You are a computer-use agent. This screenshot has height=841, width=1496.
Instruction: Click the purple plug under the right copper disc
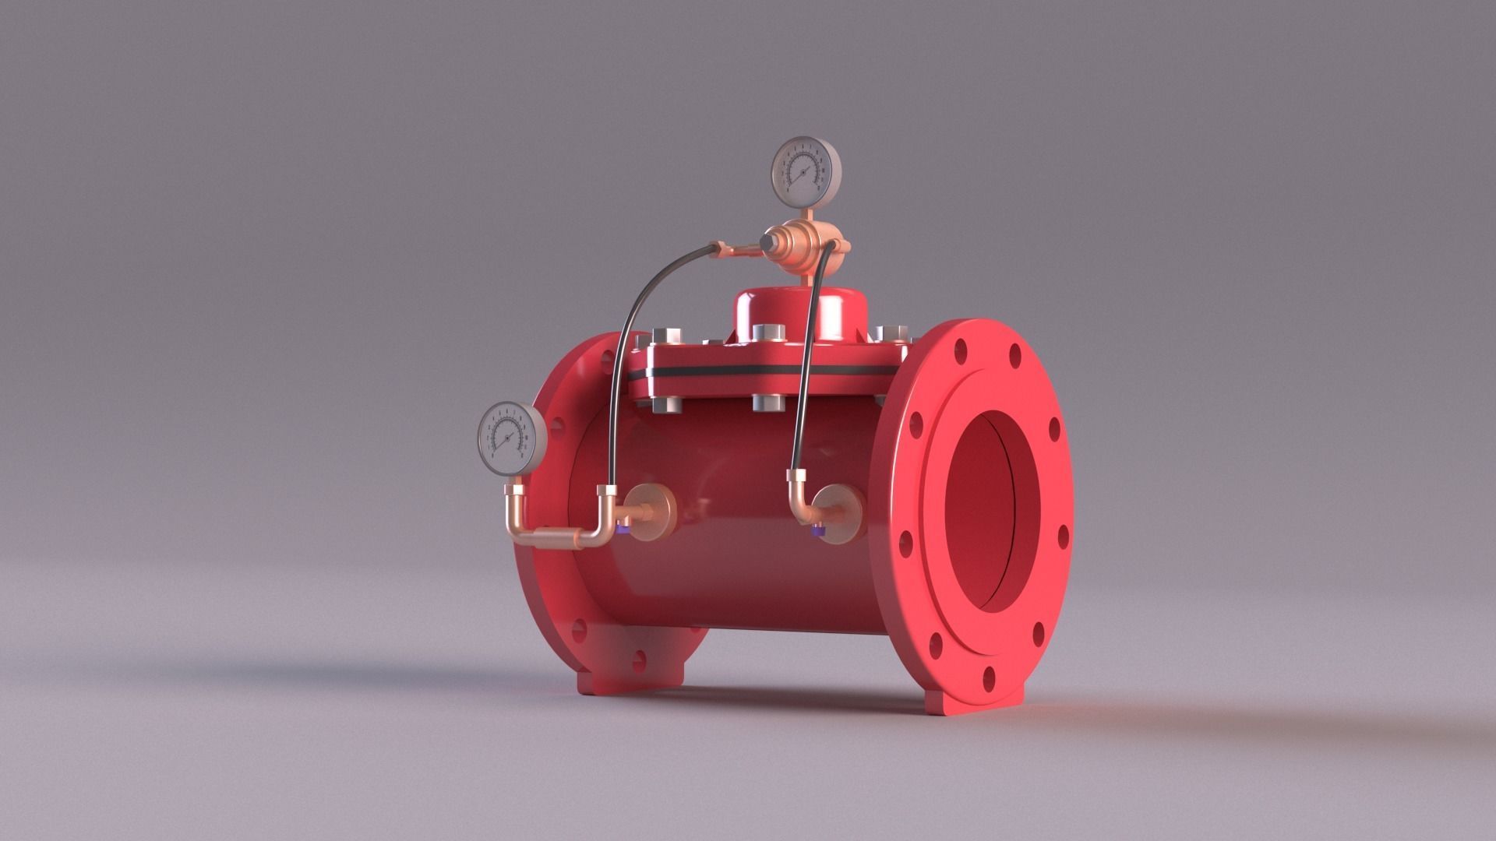(818, 532)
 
